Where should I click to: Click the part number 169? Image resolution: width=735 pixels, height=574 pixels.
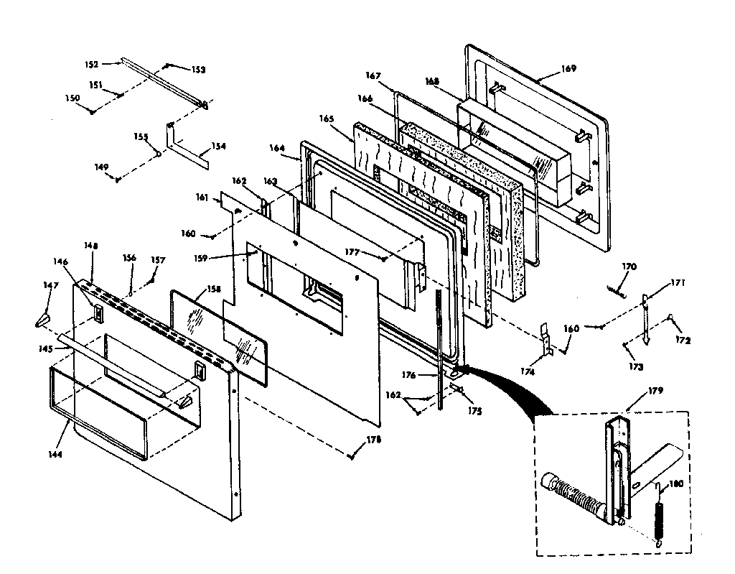pyautogui.click(x=568, y=69)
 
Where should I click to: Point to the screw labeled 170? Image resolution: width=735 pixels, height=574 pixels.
pyautogui.click(x=616, y=289)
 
